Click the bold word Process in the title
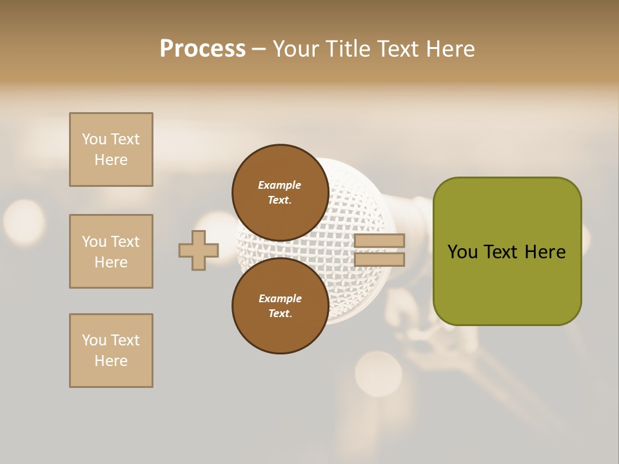pyautogui.click(x=202, y=49)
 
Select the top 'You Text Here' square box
pyautogui.click(x=111, y=150)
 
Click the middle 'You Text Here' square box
pyautogui.click(x=111, y=251)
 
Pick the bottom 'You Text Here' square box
pyautogui.click(x=111, y=351)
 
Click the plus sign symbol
pyautogui.click(x=199, y=250)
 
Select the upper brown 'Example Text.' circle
pyautogui.click(x=280, y=193)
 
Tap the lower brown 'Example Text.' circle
pyautogui.click(x=280, y=305)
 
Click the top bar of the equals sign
pyautogui.click(x=379, y=241)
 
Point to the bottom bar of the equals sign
pyautogui.click(x=379, y=260)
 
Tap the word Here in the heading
pyautogui.click(x=446, y=49)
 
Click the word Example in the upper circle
pyautogui.click(x=280, y=185)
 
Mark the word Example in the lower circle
pyautogui.click(x=280, y=298)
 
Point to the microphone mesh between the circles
pyautogui.click(x=284, y=250)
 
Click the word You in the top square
pyautogui.click(x=94, y=139)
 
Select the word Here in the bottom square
pyautogui.click(x=111, y=361)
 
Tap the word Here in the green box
pyautogui.click(x=545, y=252)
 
